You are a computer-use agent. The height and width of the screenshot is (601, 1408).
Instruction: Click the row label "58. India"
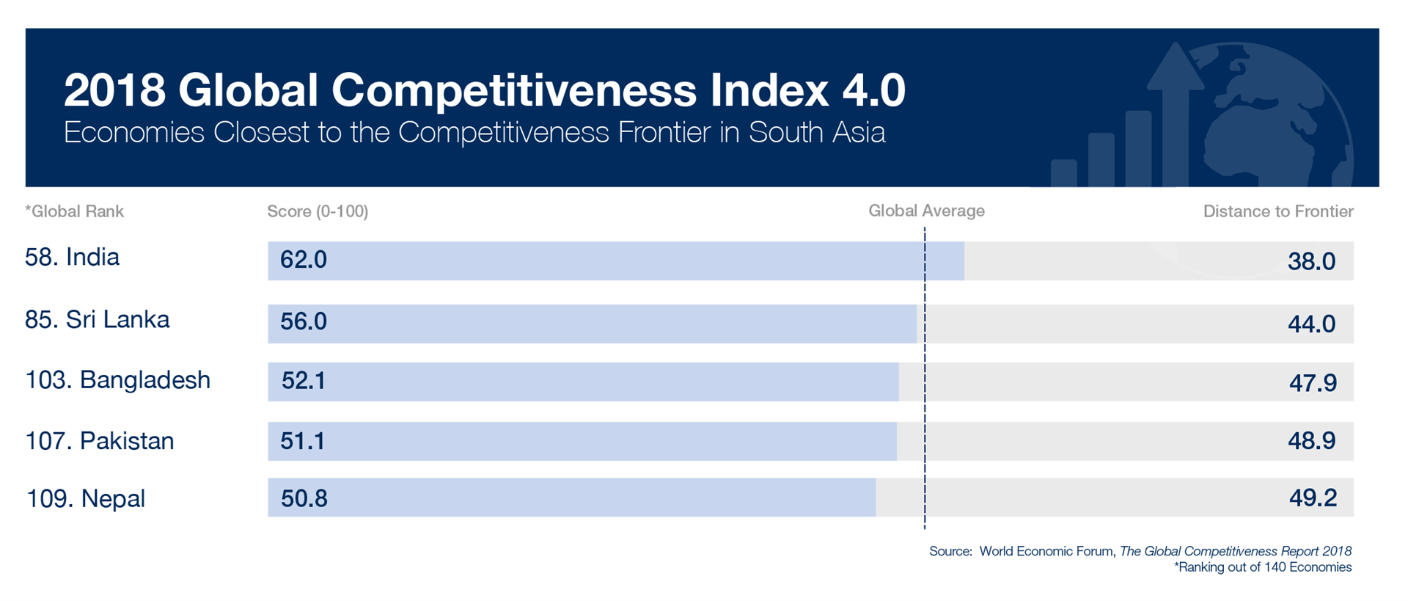(x=72, y=257)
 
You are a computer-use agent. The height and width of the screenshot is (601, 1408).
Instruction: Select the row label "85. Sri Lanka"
(x=98, y=319)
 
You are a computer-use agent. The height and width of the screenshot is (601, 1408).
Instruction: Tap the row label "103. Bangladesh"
(x=118, y=380)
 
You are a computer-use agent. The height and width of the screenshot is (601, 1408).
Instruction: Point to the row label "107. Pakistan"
(x=100, y=441)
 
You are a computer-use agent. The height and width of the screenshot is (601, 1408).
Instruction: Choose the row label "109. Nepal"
(x=86, y=498)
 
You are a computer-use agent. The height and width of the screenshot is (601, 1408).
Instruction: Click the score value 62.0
(x=304, y=260)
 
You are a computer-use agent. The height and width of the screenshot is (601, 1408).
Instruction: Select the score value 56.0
(x=304, y=321)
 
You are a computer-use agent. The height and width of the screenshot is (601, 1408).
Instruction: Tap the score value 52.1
(x=304, y=381)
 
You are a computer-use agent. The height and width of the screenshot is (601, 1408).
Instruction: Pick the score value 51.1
(x=302, y=441)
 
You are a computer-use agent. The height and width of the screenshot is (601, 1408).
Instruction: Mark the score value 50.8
(x=304, y=498)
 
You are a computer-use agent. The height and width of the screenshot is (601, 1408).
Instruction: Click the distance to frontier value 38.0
(x=1312, y=261)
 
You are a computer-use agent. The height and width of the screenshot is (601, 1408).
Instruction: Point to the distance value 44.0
(x=1312, y=324)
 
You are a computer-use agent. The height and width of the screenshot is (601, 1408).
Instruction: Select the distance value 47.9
(x=1313, y=382)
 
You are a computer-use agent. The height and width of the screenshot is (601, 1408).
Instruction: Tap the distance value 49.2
(x=1313, y=498)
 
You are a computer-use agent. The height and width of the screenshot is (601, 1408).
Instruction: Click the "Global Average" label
(x=926, y=211)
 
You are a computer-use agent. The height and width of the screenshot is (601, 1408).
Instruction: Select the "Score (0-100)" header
(x=318, y=212)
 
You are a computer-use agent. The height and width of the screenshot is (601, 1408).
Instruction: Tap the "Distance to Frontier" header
(x=1278, y=212)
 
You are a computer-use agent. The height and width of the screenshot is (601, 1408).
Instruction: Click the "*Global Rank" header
(x=74, y=212)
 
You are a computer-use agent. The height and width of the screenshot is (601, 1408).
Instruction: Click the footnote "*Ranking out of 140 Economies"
(x=1263, y=567)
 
